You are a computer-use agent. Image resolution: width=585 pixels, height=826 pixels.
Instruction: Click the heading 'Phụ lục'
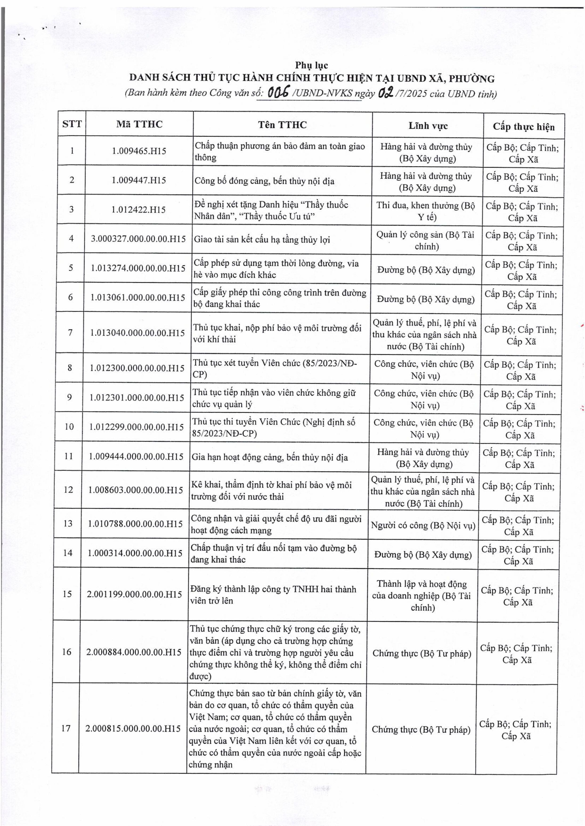point(312,65)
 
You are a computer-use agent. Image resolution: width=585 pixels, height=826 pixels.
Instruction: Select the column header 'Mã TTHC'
point(139,124)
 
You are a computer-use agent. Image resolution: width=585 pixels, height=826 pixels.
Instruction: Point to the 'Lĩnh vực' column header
point(428,126)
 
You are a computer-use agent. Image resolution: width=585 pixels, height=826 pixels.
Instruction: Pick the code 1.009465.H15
point(139,151)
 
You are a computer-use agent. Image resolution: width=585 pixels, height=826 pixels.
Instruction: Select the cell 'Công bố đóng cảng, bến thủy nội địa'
point(264,181)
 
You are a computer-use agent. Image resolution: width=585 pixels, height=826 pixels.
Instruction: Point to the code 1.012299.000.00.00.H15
point(137,427)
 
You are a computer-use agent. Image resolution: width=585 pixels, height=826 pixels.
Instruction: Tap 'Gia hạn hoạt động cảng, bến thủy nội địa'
point(269,457)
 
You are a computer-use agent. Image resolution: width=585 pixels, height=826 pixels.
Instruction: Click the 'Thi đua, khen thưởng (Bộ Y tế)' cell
point(426,211)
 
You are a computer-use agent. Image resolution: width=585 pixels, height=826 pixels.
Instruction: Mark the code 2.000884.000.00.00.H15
point(134,652)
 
